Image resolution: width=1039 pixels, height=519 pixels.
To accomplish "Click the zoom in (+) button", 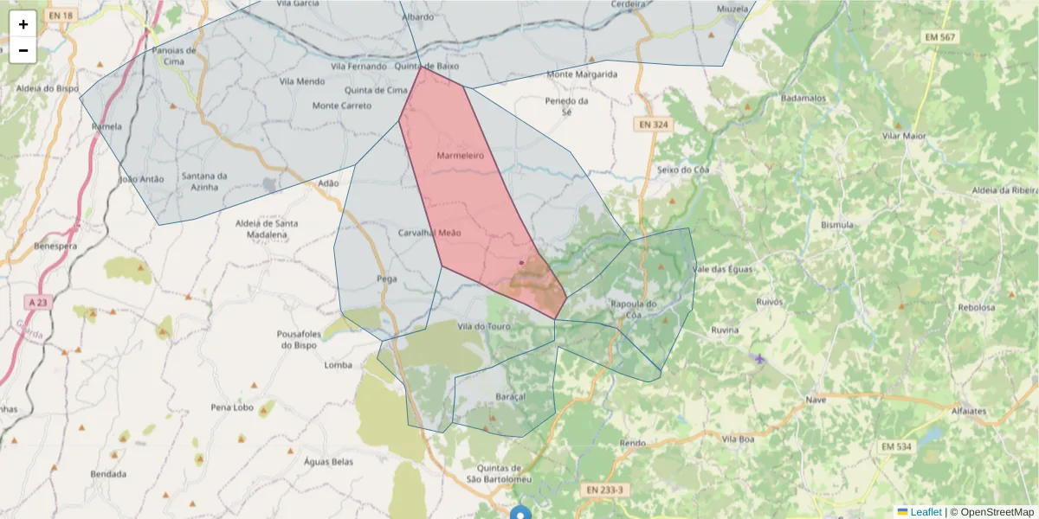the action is click(23, 24).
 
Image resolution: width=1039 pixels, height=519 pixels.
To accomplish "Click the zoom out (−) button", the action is click(23, 50).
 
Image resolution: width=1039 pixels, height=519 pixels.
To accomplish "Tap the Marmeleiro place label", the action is click(459, 156).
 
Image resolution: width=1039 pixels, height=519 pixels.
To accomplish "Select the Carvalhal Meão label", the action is click(429, 233).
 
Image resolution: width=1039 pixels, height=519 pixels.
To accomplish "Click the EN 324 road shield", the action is click(654, 125).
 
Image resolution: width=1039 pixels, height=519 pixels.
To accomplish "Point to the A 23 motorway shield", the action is click(35, 302).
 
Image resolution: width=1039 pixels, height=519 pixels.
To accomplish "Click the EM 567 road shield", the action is click(939, 37).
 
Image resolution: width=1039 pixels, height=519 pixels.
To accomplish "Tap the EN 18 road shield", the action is click(61, 16).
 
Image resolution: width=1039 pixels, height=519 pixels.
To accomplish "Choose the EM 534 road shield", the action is click(896, 446).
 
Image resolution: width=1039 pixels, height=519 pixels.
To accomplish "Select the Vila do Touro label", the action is click(484, 326).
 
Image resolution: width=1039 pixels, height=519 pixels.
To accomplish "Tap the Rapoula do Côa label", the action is click(634, 309).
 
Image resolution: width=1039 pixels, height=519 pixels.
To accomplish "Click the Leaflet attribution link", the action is click(926, 511).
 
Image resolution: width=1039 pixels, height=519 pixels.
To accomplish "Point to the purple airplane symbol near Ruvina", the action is click(760, 358).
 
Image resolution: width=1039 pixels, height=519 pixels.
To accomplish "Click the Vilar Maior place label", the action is click(903, 136).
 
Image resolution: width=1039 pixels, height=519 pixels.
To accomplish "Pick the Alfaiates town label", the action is click(968, 412).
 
